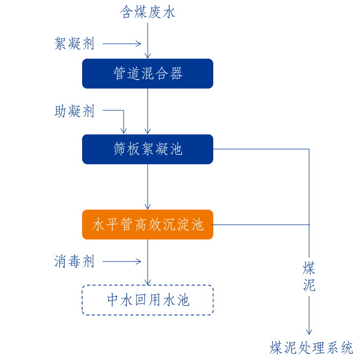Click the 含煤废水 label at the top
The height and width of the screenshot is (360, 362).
148,12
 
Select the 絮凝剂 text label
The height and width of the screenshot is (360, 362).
74,44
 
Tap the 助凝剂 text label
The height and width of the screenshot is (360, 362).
74,111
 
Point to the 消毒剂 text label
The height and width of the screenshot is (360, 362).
74,261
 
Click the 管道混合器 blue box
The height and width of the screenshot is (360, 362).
148,74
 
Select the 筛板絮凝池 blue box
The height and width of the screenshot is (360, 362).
148,149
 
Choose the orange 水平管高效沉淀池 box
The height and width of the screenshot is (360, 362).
148,225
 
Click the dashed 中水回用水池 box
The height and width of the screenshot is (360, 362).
148,300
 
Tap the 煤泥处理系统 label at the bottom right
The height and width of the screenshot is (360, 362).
311,348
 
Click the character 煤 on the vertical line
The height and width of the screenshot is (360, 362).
309,268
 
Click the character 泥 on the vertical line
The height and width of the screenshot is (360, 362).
309,285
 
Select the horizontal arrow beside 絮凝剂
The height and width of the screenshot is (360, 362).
122,44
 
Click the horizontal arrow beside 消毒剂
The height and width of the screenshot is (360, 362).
122,261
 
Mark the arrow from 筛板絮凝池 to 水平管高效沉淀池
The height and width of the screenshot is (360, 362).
148,187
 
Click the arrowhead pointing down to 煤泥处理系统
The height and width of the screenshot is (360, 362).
309,331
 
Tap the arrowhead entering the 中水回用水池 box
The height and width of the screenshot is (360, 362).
148,282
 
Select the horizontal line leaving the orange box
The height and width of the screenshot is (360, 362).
261,225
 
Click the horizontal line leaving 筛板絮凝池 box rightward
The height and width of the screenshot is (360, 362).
261,149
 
